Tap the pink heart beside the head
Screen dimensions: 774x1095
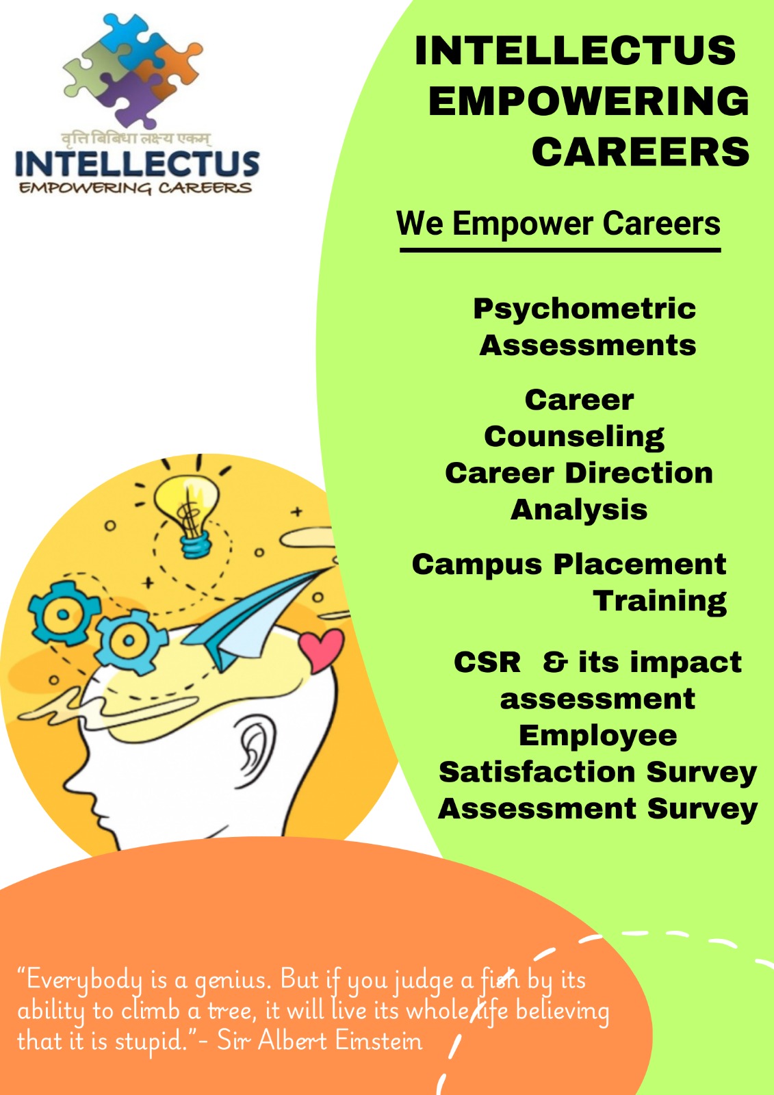[321, 649]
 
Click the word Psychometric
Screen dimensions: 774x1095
[584, 309]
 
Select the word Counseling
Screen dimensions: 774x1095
[574, 437]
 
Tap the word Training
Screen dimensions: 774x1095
[660, 602]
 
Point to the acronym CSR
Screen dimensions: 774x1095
[487, 662]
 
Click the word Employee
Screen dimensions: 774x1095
[597, 736]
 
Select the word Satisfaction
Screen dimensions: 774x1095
[537, 773]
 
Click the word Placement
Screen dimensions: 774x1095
[640, 564]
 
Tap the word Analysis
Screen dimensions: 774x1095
[579, 511]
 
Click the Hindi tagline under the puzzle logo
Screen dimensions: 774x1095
[136, 140]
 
